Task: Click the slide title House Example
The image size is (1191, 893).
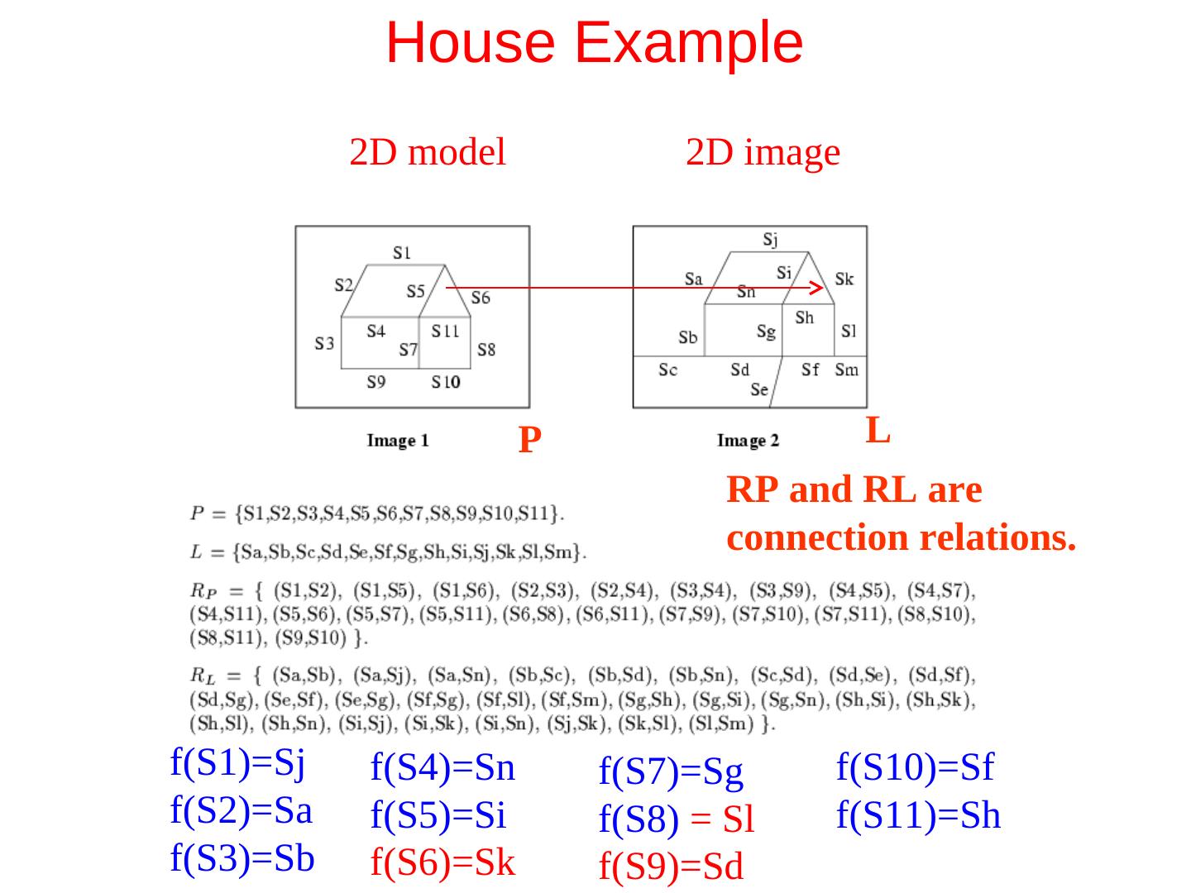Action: (x=594, y=42)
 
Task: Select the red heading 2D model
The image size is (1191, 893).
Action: (x=427, y=153)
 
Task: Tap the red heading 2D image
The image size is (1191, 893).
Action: (x=763, y=153)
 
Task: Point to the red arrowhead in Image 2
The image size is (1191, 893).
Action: (x=816, y=288)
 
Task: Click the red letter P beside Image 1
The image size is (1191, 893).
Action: (x=529, y=440)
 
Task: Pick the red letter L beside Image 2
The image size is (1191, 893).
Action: (x=878, y=430)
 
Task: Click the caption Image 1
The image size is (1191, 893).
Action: (x=398, y=441)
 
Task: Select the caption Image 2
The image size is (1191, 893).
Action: (x=748, y=441)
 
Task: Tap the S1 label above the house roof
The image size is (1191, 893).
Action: (x=402, y=252)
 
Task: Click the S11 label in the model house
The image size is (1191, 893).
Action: (x=445, y=331)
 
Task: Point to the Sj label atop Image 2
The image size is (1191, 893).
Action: (x=770, y=239)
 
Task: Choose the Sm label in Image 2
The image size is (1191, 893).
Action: (x=846, y=370)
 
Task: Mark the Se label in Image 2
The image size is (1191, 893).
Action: (x=759, y=389)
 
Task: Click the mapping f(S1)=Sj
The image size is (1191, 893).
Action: (x=238, y=762)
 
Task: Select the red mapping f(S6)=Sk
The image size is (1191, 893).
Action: (x=443, y=863)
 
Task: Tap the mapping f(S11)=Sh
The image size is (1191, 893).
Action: (x=918, y=816)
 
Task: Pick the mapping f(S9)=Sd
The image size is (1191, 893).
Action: (x=671, y=867)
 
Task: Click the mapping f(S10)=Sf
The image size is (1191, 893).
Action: (x=915, y=767)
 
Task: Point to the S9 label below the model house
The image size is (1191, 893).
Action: (x=376, y=381)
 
